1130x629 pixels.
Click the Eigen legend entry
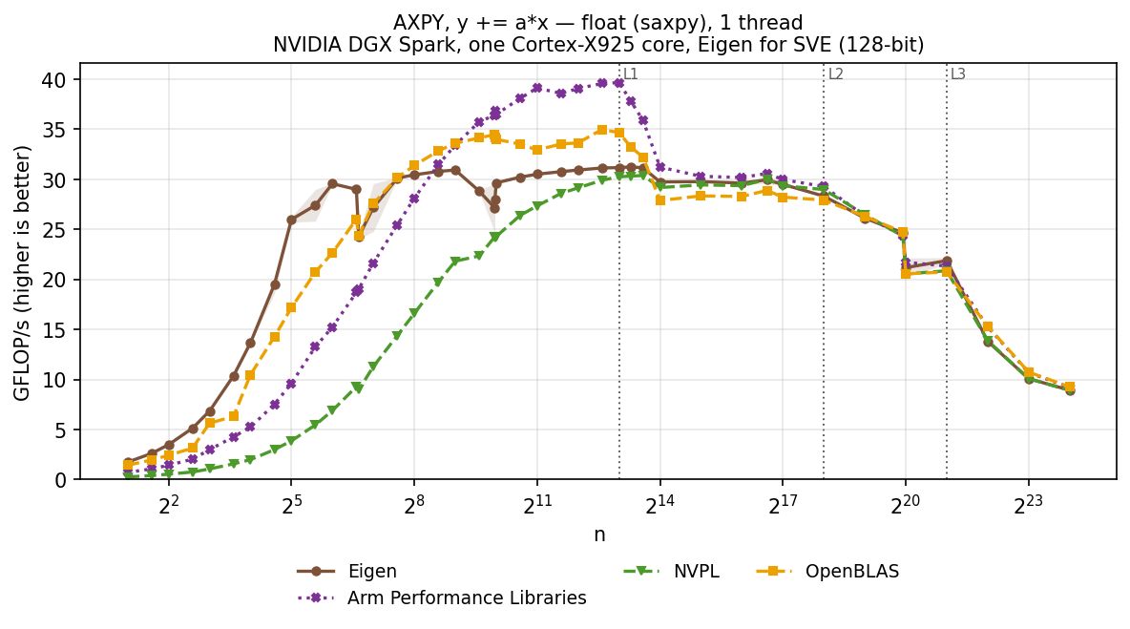click(x=346, y=572)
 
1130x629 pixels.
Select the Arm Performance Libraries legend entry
click(x=442, y=598)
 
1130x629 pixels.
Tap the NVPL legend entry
click(x=671, y=572)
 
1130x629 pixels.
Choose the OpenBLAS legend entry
click(x=828, y=572)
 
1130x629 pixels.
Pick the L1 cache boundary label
click(x=631, y=74)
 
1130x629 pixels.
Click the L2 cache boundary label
click(x=835, y=74)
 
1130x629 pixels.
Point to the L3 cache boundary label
click(x=958, y=74)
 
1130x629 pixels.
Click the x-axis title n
click(x=598, y=535)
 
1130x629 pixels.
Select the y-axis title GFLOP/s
click(x=22, y=273)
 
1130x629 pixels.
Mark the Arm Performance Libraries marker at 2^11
click(x=537, y=88)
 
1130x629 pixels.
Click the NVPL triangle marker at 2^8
click(x=414, y=313)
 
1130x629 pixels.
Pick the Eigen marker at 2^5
click(x=291, y=220)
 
